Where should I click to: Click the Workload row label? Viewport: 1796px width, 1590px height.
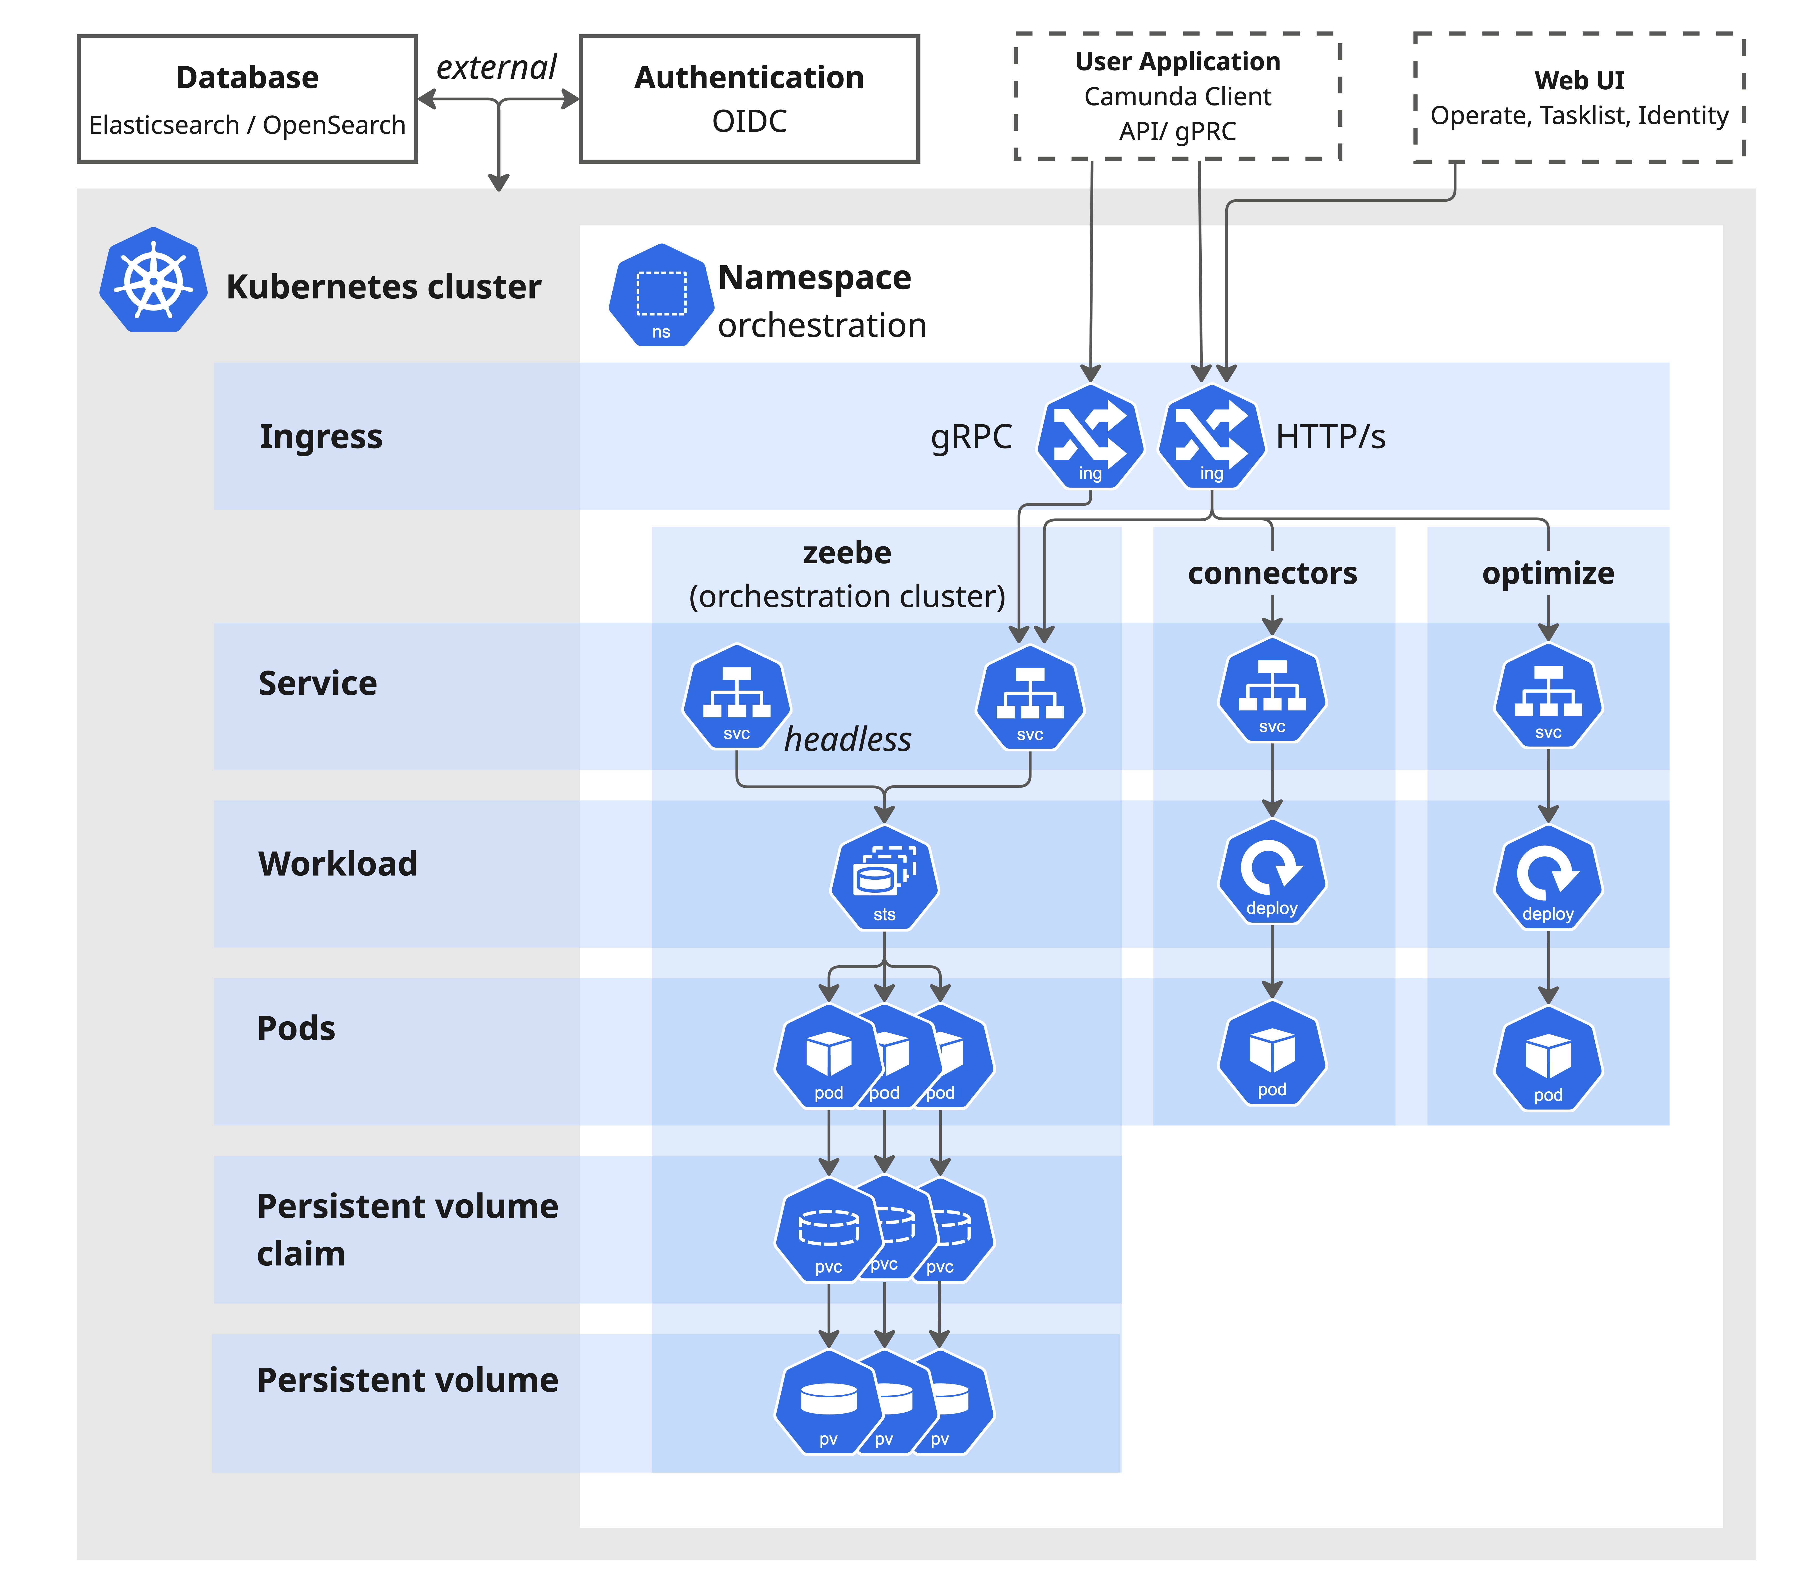pos(337,864)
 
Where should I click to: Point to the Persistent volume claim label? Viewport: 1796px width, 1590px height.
pos(407,1229)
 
